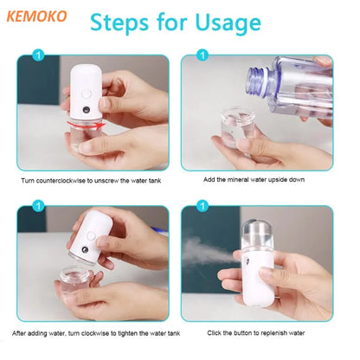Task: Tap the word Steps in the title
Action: click(124, 22)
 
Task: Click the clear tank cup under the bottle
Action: click(240, 129)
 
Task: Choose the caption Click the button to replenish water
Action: click(257, 332)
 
